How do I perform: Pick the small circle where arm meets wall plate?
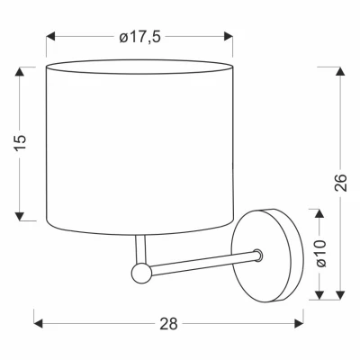point(257,255)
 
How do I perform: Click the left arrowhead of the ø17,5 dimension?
point(50,37)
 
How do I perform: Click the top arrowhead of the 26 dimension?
point(340,69)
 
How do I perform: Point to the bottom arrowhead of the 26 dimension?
point(340,296)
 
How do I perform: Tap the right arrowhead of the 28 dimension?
point(301,320)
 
